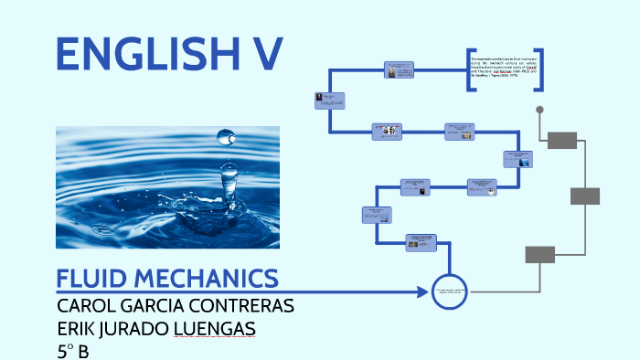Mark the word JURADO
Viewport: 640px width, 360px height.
click(x=136, y=328)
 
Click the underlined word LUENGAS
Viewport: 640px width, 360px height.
click(x=214, y=328)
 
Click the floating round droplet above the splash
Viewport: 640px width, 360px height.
click(x=224, y=137)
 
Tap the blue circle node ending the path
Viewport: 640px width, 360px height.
click(x=449, y=291)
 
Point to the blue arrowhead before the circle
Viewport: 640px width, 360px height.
click(x=424, y=292)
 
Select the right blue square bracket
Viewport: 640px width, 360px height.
click(x=539, y=70)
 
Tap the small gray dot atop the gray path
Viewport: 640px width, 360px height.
click(x=539, y=110)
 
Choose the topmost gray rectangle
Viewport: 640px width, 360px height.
click(x=562, y=140)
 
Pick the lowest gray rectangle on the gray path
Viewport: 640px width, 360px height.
click(x=539, y=254)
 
